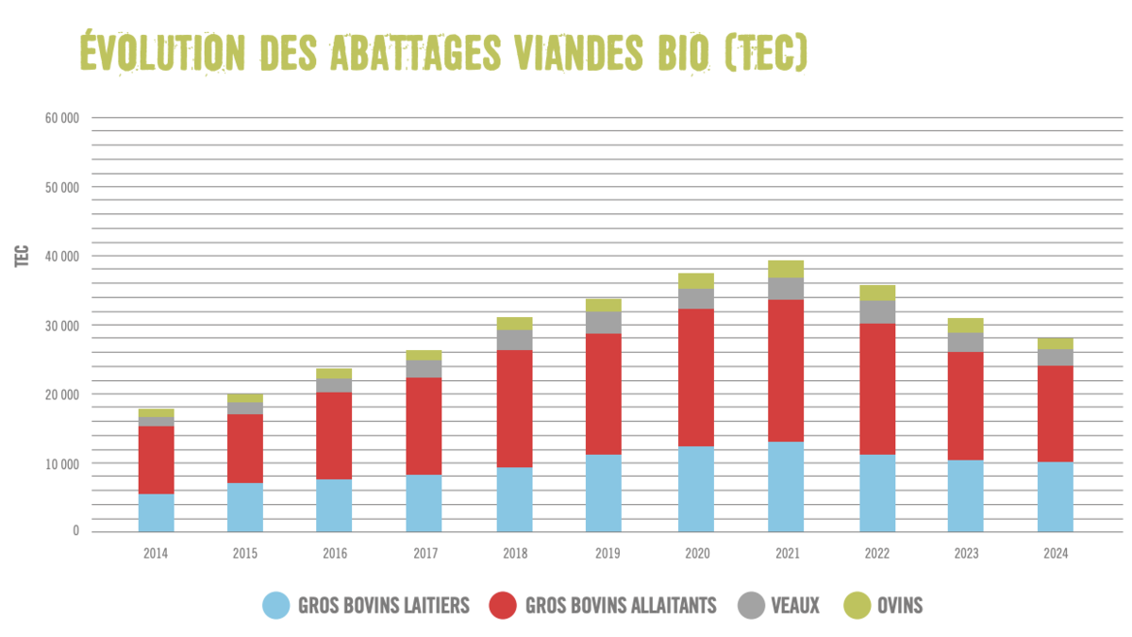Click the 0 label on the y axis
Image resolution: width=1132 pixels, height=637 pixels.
[x=75, y=532]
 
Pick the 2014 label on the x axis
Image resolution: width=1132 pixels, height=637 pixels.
[x=156, y=554]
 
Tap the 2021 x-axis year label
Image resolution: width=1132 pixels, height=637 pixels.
[x=786, y=554]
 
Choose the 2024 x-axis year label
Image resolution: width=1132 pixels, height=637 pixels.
[x=1055, y=554]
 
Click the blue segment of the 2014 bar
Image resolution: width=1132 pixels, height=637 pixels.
[x=156, y=512]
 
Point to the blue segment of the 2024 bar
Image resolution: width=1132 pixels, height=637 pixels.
[x=1055, y=496]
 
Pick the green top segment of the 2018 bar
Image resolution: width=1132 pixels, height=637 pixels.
[x=515, y=323]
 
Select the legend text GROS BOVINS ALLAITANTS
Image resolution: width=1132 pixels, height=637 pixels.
[x=621, y=606]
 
